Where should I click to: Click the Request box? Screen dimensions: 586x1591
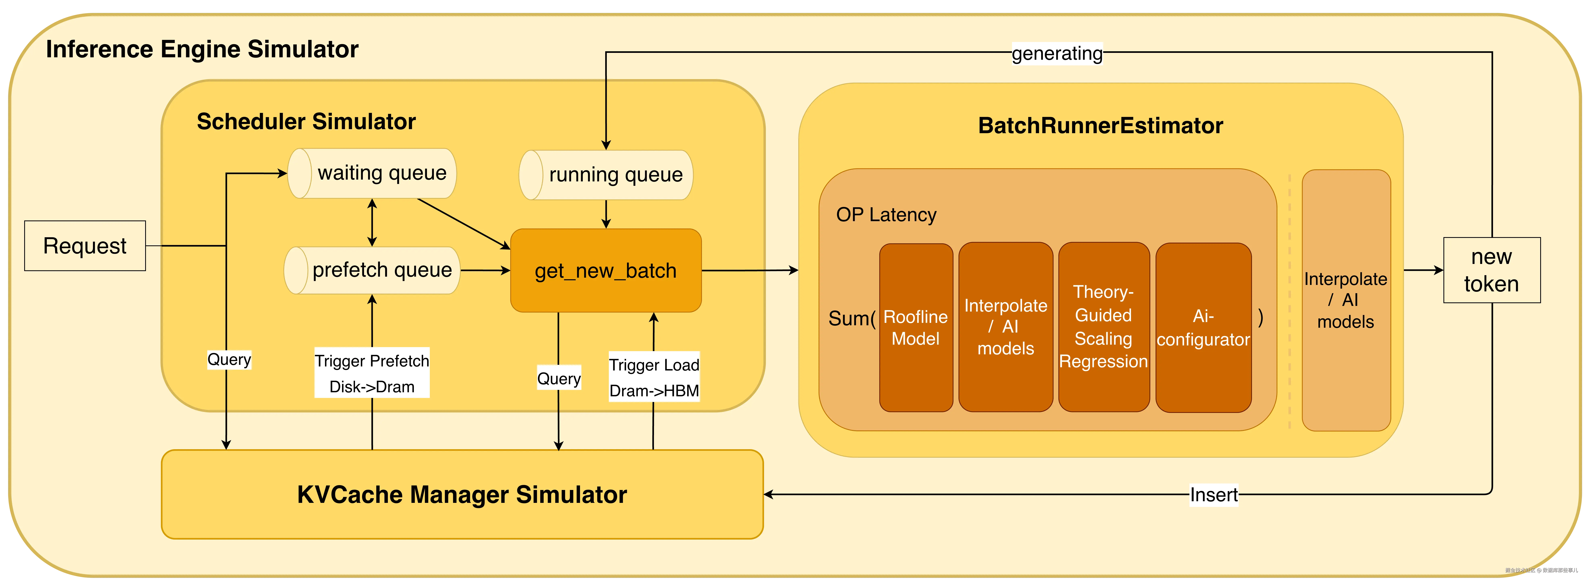tap(85, 246)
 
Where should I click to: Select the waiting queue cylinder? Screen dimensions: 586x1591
tap(372, 173)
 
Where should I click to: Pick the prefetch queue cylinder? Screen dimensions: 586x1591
tap(372, 270)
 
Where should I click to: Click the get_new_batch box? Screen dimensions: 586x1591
tap(606, 271)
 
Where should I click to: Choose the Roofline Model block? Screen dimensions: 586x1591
tap(916, 328)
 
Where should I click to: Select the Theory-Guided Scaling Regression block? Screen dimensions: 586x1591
tap(1104, 326)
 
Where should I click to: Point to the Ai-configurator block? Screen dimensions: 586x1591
tap(1203, 328)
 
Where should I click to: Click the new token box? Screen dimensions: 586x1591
tap(1492, 270)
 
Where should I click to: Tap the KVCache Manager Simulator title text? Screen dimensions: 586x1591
tap(462, 495)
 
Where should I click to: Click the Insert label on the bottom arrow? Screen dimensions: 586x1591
tap(1214, 495)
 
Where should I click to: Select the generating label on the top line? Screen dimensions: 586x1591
tap(1057, 53)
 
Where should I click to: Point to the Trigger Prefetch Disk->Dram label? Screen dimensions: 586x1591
tap(372, 373)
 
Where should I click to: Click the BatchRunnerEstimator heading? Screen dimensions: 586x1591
tap(1101, 126)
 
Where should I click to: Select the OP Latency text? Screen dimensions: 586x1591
tap(886, 215)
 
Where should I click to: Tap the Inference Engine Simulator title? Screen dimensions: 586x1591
tap(202, 49)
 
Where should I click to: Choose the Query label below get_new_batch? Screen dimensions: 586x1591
tap(559, 378)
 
